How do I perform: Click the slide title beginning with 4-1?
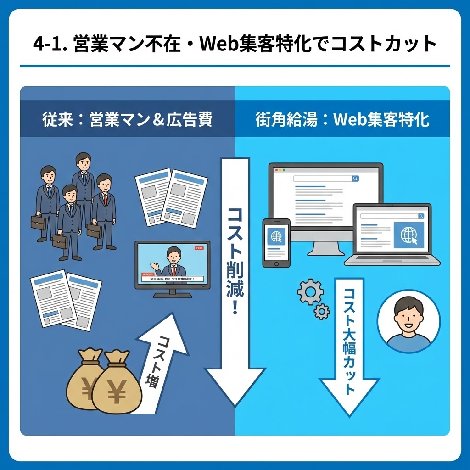point(235,45)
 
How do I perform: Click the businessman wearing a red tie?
point(104,211)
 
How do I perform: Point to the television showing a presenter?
point(172,266)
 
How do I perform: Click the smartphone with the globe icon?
point(276,242)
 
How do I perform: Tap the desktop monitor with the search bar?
point(325,197)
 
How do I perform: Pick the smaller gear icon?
point(322,312)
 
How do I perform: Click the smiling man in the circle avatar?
point(408,321)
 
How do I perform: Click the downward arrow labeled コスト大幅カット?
point(349,344)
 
